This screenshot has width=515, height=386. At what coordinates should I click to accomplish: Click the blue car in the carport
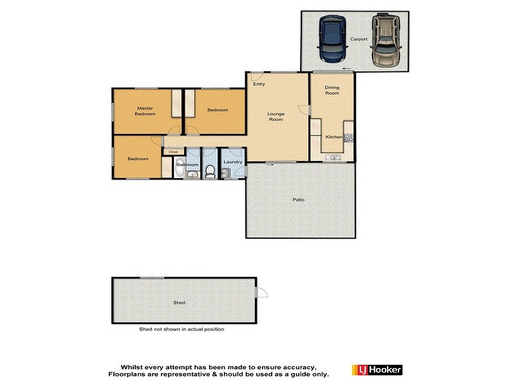332,39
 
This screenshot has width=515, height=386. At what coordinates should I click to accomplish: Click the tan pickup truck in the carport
385,40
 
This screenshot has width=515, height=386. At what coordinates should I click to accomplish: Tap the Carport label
359,39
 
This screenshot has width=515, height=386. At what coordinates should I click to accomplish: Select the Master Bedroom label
145,111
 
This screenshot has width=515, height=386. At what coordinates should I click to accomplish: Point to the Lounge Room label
276,116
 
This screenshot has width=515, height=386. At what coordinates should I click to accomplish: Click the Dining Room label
332,90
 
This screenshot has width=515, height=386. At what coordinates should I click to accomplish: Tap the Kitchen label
333,137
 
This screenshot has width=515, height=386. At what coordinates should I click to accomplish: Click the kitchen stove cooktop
348,137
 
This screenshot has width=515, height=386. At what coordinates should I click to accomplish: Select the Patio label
298,199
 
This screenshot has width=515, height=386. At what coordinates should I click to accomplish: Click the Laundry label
233,161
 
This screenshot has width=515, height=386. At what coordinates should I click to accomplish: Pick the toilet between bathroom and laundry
210,170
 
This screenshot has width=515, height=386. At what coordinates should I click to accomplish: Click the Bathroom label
188,165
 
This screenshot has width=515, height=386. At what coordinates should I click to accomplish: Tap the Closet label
173,152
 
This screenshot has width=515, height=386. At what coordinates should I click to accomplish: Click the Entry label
259,84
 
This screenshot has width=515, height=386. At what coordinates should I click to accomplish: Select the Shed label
179,302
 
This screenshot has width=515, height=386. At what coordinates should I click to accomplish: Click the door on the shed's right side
261,293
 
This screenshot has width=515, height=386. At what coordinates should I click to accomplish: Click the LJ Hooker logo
377,370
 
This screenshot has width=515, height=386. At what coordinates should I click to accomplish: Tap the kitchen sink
333,157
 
